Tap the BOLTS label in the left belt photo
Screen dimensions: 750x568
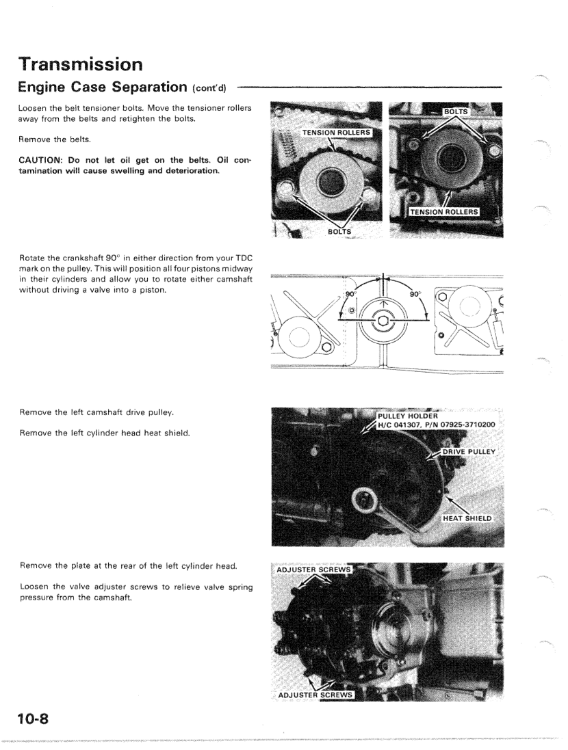pos(337,232)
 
